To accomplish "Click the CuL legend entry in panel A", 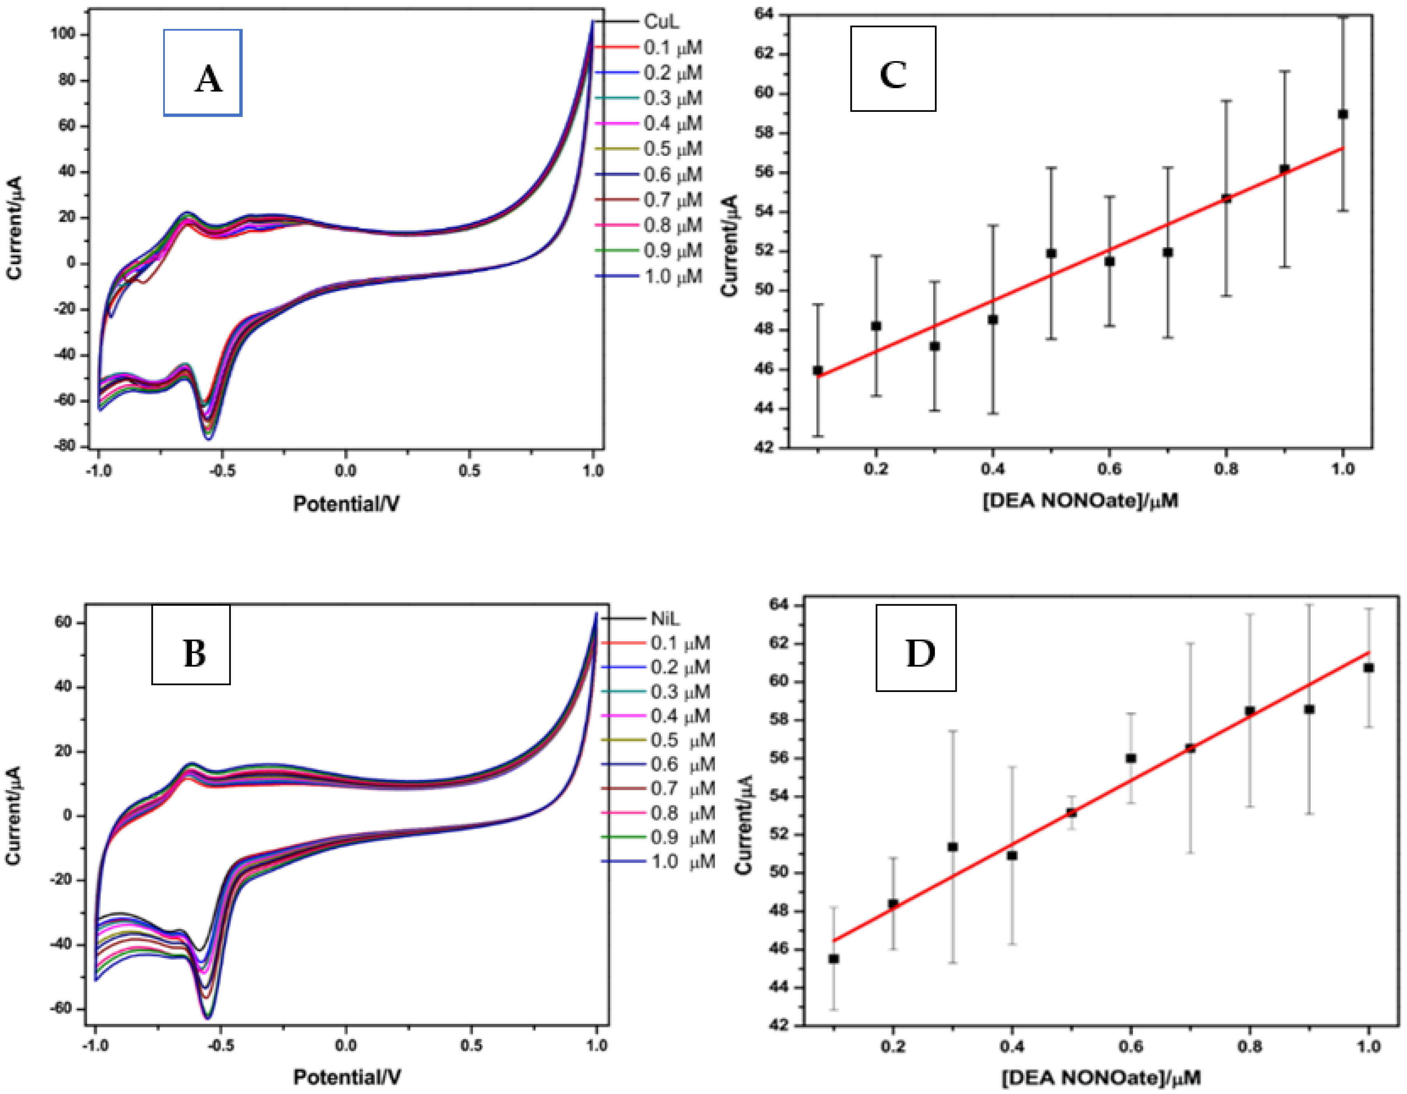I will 661,22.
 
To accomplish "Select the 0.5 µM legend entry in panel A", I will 673,149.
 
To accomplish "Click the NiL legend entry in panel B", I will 665,619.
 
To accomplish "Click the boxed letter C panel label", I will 893,69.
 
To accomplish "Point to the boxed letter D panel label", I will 915,648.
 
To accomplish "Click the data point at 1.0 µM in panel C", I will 1343,115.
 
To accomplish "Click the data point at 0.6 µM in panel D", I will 1131,759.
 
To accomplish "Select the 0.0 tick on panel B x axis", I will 346,1045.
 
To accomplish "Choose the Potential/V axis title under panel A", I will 346,503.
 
